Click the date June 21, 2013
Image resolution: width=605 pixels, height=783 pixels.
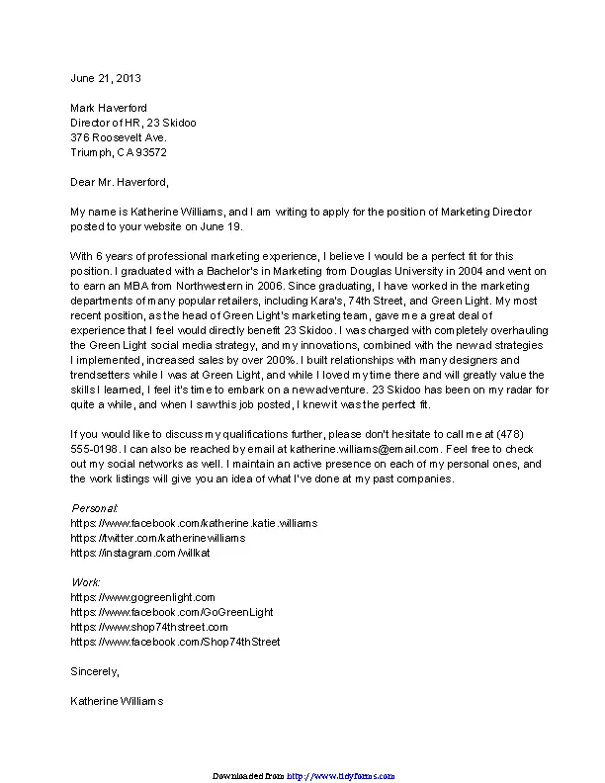(106, 77)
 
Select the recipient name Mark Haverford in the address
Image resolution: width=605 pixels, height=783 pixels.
(108, 108)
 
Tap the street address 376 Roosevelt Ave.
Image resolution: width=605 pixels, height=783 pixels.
(118, 137)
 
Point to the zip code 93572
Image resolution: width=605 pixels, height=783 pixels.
(151, 152)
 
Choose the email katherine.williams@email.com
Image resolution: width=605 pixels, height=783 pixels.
(364, 449)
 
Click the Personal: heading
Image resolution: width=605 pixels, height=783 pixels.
(95, 507)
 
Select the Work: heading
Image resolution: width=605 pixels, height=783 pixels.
(86, 582)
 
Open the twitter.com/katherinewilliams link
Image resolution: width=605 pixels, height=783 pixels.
(157, 538)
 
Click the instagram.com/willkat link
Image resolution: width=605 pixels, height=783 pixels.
(139, 553)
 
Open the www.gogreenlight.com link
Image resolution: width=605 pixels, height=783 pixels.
(142, 597)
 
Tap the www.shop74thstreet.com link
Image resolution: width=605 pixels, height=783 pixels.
(149, 627)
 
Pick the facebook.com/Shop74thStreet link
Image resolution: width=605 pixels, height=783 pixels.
(175, 642)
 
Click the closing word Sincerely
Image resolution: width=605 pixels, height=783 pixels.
(94, 671)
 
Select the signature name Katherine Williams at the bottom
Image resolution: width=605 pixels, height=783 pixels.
(117, 701)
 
